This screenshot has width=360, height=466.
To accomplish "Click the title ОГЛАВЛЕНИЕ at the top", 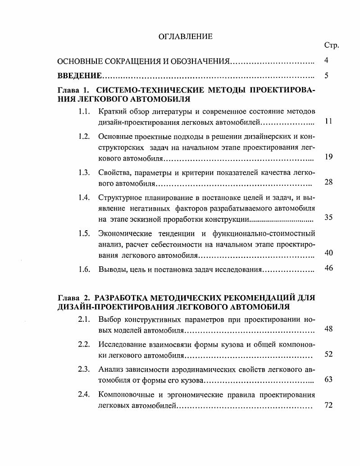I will click(185, 37).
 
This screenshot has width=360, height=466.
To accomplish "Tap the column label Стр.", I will click(331, 46).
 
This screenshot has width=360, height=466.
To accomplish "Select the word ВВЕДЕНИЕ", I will click(79, 76).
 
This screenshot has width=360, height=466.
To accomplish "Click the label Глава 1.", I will click(73, 90).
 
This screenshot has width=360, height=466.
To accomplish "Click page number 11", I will click(328, 122).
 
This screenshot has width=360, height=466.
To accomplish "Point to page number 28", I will click(328, 183).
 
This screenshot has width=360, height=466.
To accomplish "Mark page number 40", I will click(328, 253).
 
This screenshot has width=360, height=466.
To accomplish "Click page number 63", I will click(328, 379).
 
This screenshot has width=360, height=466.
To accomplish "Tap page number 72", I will click(328, 406).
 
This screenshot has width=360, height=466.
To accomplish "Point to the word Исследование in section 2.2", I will click(120, 345).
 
